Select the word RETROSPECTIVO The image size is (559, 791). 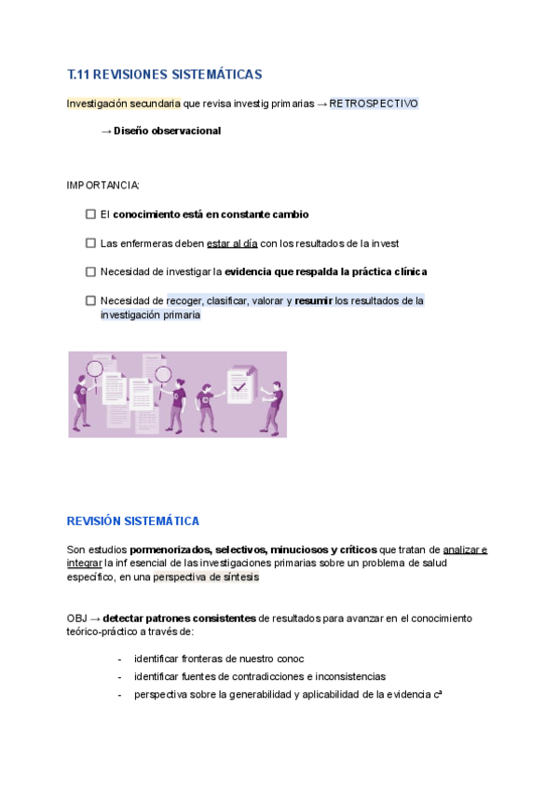374,104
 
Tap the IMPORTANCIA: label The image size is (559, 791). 102,186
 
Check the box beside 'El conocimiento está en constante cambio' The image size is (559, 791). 90,215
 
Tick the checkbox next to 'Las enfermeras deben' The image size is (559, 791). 90,243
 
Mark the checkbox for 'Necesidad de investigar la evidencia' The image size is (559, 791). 90,272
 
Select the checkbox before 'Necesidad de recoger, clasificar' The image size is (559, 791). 90,301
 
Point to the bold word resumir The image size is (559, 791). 313,301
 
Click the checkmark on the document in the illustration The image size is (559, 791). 239,385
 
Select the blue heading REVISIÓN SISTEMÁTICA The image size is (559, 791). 132,521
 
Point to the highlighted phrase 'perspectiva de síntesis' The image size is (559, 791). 206,577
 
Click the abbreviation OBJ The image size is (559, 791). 77,618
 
